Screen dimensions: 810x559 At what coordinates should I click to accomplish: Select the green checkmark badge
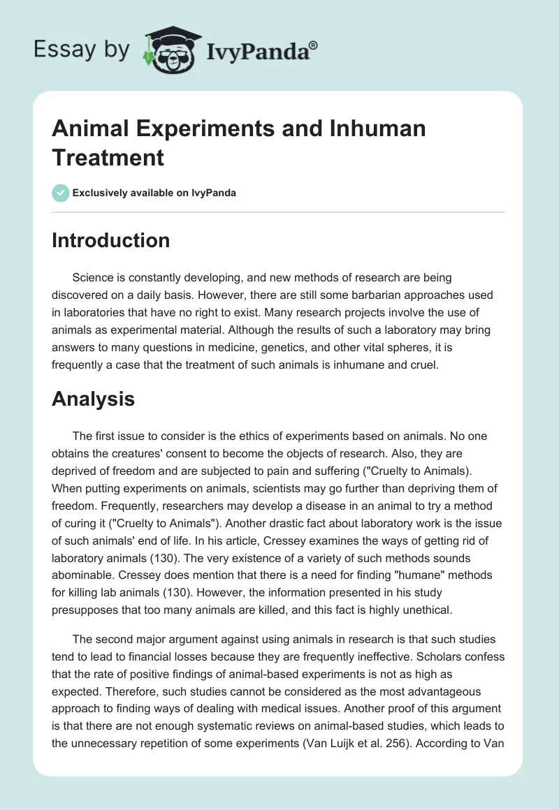(x=61, y=193)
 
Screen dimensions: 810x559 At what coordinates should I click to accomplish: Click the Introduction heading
(x=110, y=240)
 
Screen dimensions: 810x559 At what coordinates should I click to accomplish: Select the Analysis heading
(x=92, y=399)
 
